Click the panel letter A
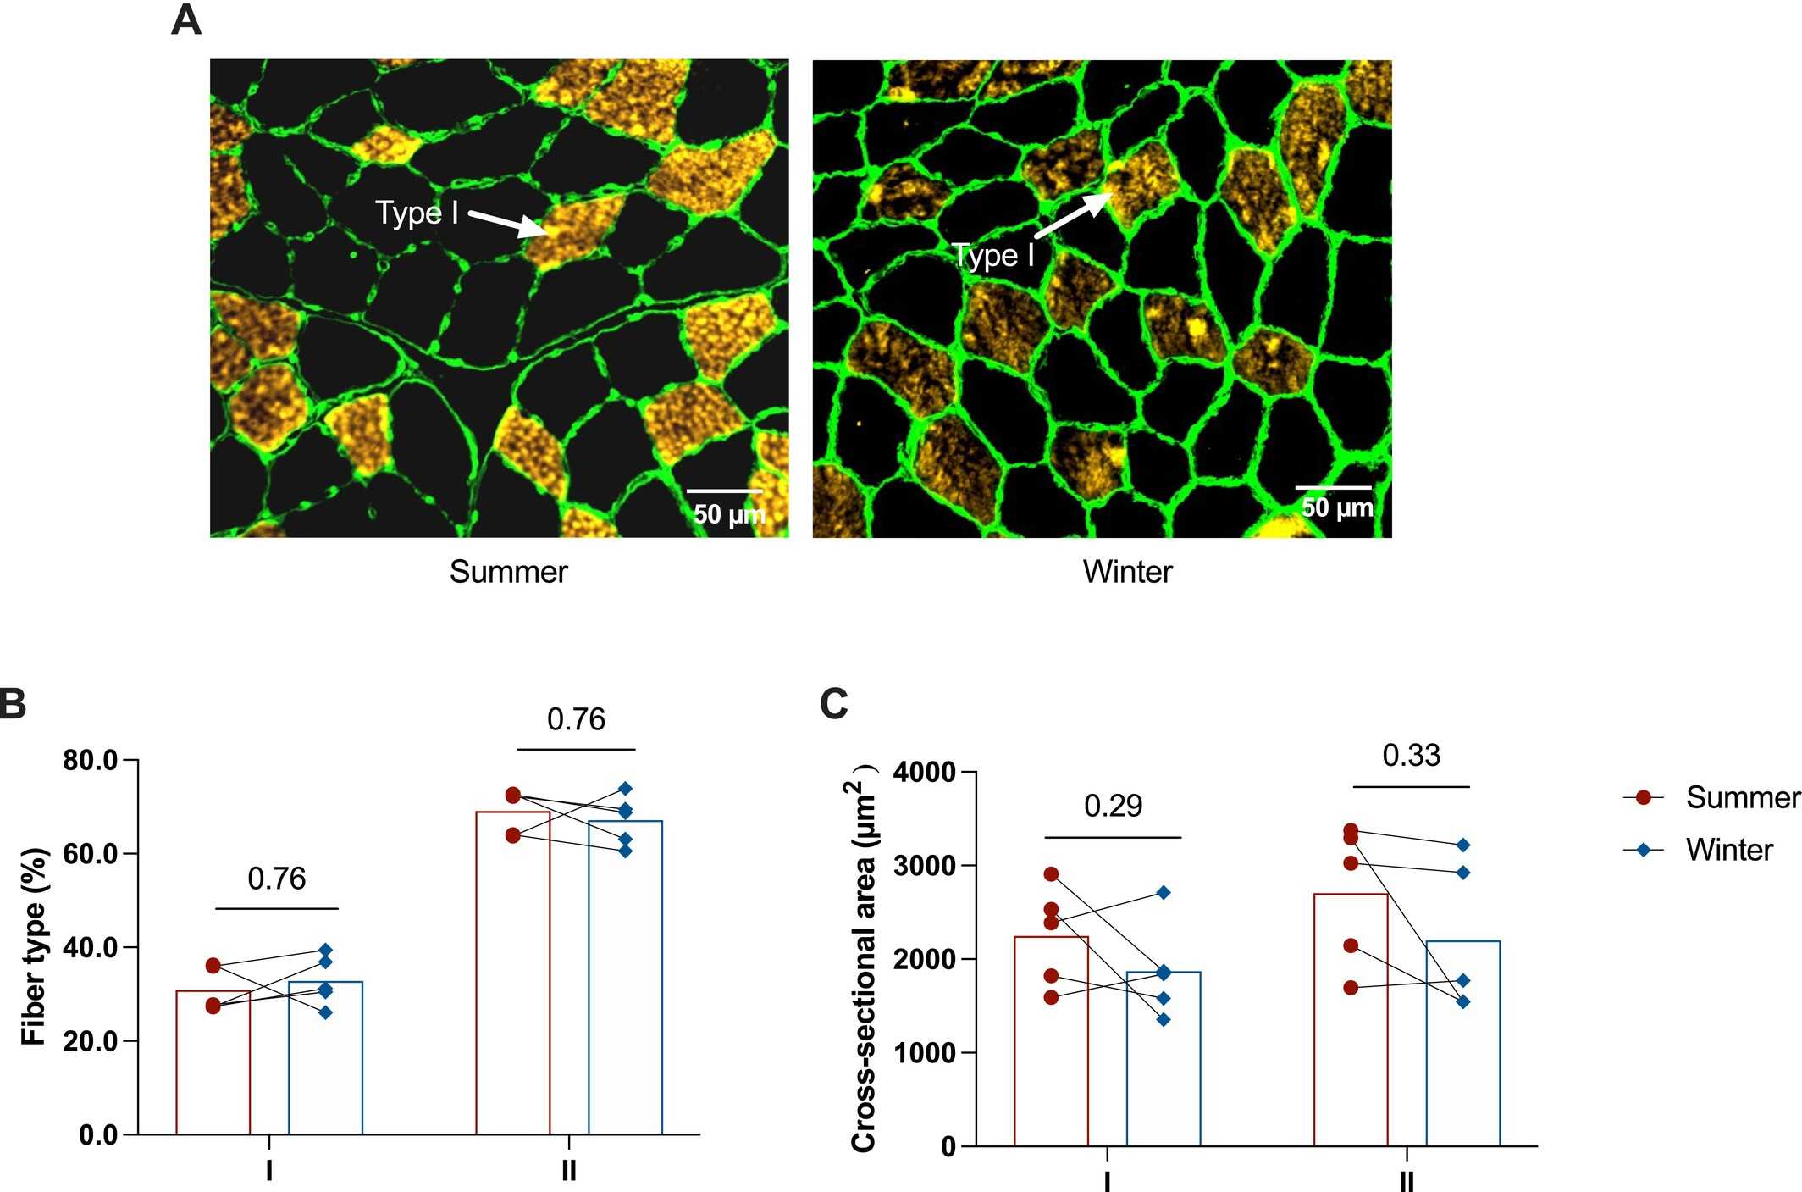tap(186, 20)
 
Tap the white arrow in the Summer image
tap(508, 223)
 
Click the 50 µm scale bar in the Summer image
tap(724, 491)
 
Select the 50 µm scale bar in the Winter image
tap(1333, 487)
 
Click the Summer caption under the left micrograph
tap(508, 572)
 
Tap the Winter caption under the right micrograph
tap(1127, 572)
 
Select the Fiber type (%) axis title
tap(34, 946)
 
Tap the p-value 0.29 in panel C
tap(1113, 806)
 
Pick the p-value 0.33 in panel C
tap(1411, 756)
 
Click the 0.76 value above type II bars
tap(576, 719)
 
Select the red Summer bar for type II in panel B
tap(512, 974)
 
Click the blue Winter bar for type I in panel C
tap(1163, 1059)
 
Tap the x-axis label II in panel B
tap(569, 1171)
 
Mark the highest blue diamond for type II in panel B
tap(625, 789)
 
